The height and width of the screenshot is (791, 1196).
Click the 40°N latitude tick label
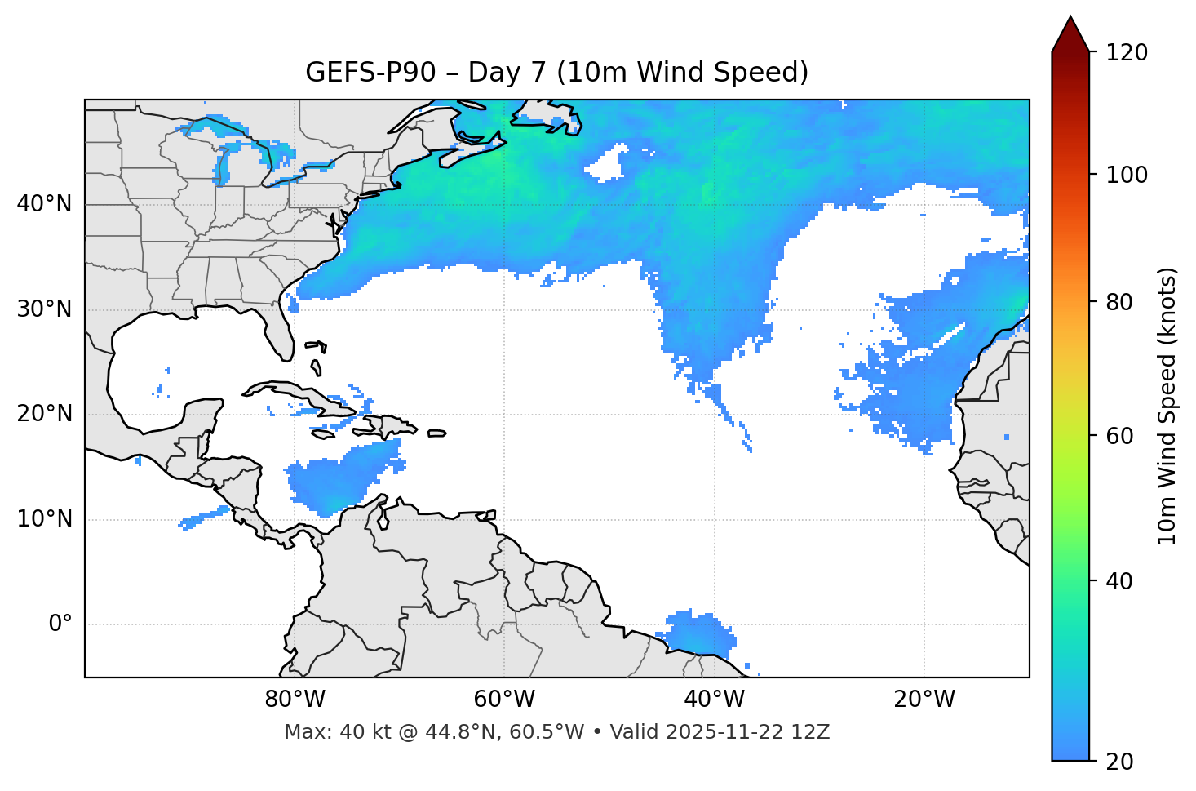pos(44,204)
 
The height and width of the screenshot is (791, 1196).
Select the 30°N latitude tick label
pos(44,309)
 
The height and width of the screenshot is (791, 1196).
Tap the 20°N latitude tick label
pos(44,414)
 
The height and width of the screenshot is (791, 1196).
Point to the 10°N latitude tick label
pos(44,519)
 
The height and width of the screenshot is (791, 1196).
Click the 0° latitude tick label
pos(60,624)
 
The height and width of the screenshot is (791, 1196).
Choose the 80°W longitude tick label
pos(295,700)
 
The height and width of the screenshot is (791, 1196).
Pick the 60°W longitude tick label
pos(504,700)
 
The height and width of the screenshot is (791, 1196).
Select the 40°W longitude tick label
pos(714,700)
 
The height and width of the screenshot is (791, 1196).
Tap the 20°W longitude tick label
pos(924,700)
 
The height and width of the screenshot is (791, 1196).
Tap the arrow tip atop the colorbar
pos(1070,17)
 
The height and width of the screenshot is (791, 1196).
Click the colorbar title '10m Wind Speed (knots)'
pos(1167,406)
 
